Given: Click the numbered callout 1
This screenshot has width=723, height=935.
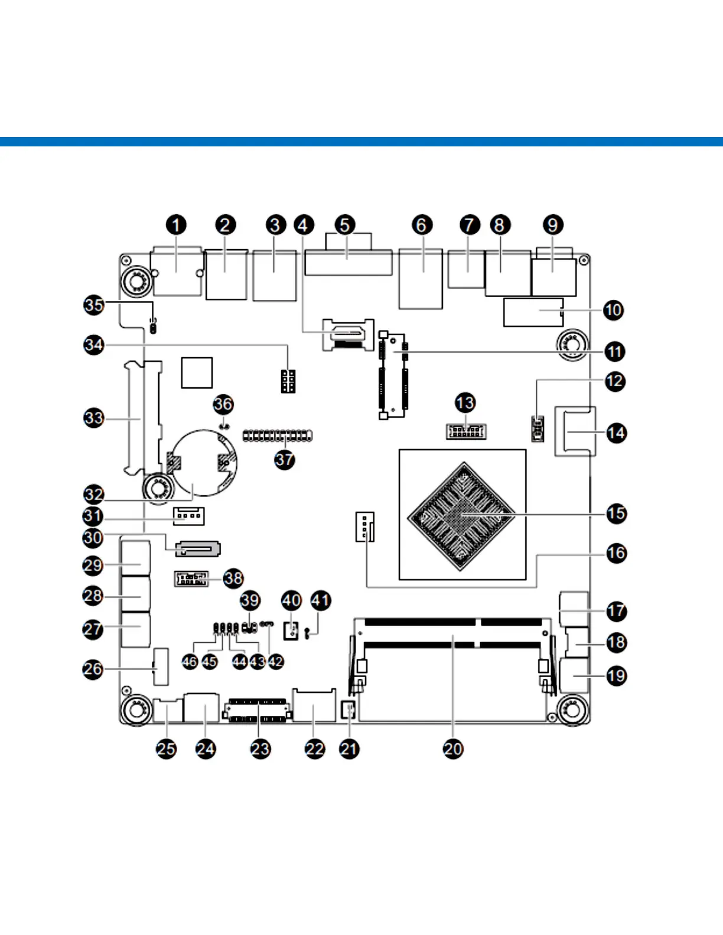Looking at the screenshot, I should click(x=176, y=225).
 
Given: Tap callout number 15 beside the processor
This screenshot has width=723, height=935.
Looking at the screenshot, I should click(x=616, y=514).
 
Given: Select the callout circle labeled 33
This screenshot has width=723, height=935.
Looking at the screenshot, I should click(x=94, y=419).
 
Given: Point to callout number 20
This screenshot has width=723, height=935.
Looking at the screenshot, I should click(x=453, y=749).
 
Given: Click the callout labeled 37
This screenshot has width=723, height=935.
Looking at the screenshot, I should click(x=285, y=460).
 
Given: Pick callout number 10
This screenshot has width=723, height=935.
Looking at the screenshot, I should click(x=614, y=310).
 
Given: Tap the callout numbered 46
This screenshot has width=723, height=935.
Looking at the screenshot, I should click(x=190, y=662).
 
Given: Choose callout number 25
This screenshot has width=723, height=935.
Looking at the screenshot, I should click(x=166, y=749).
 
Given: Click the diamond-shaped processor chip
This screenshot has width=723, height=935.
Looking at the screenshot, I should click(x=462, y=516).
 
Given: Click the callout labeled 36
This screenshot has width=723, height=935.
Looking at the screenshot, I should click(x=223, y=404).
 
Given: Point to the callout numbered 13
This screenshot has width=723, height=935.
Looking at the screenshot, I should click(x=465, y=403).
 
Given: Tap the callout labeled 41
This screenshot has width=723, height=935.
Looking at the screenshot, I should click(x=321, y=601).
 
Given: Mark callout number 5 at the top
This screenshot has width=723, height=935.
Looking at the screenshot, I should click(x=345, y=225).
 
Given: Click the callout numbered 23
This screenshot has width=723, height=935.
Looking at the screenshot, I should click(x=260, y=749).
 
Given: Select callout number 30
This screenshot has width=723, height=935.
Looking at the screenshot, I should click(x=93, y=538).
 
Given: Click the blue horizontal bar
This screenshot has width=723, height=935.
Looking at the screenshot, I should click(x=361, y=142).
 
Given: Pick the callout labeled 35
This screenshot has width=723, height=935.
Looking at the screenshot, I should click(x=94, y=305).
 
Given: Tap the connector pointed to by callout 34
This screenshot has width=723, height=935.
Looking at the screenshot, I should click(x=288, y=381).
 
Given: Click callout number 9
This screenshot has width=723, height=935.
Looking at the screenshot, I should click(x=553, y=225).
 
